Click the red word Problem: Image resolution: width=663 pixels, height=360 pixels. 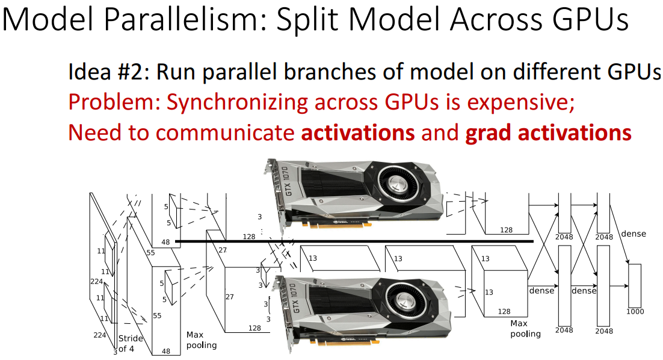(x=114, y=102)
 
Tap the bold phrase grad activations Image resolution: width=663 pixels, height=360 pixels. (x=548, y=132)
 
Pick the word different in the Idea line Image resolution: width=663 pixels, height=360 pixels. (x=555, y=72)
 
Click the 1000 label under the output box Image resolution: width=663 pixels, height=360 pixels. (x=635, y=311)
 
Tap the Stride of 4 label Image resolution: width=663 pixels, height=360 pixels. (x=130, y=343)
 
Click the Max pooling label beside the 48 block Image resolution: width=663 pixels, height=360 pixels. (x=200, y=340)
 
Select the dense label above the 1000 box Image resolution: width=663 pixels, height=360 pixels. (x=633, y=234)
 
